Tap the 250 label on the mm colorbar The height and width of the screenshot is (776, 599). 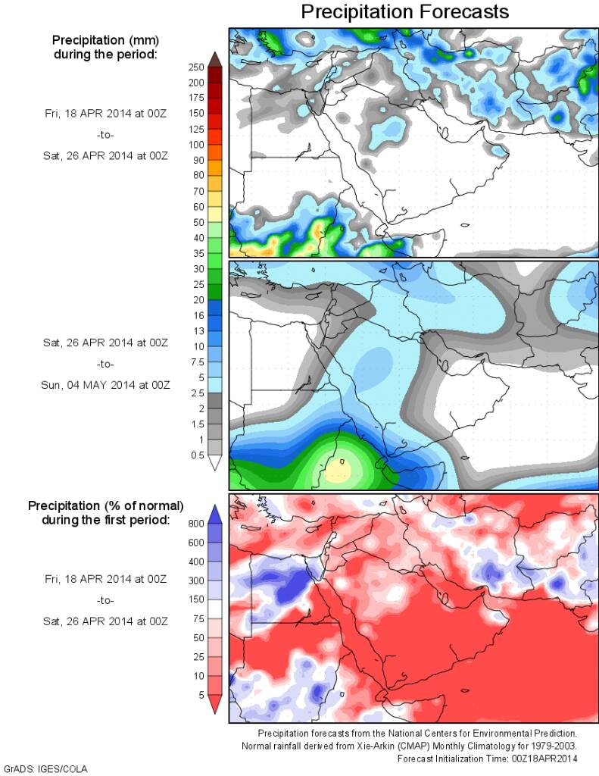pyautogui.click(x=196, y=67)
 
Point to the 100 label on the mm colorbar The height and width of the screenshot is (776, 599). pyautogui.click(x=196, y=144)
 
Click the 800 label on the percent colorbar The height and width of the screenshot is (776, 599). pyautogui.click(x=196, y=523)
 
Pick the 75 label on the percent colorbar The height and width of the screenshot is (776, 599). pyautogui.click(x=198, y=618)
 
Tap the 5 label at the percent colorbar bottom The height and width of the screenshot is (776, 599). pyautogui.click(x=201, y=695)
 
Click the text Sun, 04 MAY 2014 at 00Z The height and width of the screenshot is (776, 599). pyautogui.click(x=105, y=384)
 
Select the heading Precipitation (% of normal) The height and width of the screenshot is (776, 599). pyautogui.click(x=105, y=505)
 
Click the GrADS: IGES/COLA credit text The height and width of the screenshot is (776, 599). pyautogui.click(x=46, y=768)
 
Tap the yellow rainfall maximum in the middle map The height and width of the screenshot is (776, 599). pyautogui.click(x=339, y=471)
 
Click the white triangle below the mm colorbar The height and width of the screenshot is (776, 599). pyautogui.click(x=214, y=463)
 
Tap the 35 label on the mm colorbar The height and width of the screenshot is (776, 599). pyautogui.click(x=196, y=253)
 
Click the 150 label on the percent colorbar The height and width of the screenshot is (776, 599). pyautogui.click(x=196, y=599)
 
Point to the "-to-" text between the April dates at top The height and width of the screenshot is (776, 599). pyautogui.click(x=105, y=135)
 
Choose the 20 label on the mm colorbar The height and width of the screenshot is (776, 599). pyautogui.click(x=196, y=300)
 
